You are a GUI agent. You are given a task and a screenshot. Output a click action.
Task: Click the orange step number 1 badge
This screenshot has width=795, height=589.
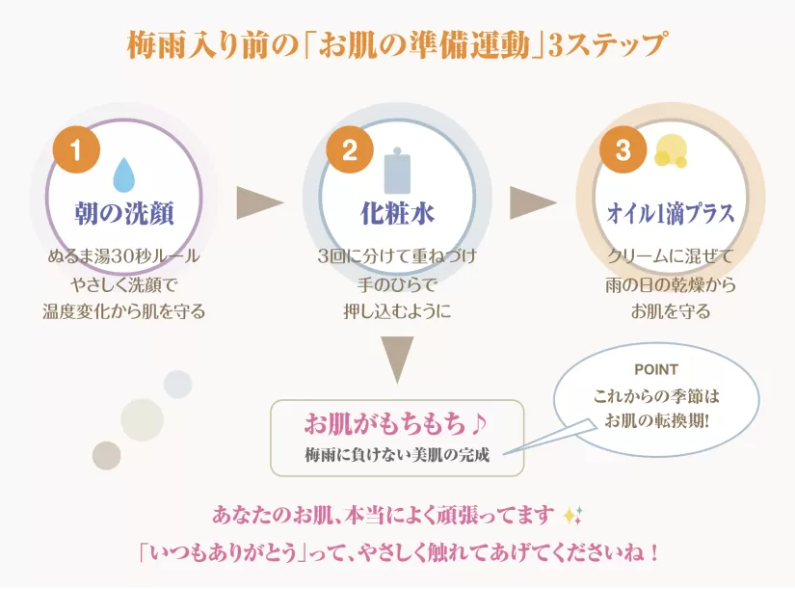pyautogui.click(x=76, y=149)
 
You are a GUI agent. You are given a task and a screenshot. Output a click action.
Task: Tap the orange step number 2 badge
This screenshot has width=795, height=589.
pyautogui.click(x=350, y=149)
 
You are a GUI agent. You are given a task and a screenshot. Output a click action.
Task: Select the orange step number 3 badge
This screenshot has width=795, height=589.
pyautogui.click(x=623, y=149)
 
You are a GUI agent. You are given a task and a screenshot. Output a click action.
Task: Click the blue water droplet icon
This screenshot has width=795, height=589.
pyautogui.click(x=123, y=174)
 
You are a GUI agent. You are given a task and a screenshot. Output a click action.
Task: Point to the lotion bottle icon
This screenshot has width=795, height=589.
pyautogui.click(x=397, y=171)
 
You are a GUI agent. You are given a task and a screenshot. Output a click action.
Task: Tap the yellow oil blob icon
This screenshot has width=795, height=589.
pyautogui.click(x=671, y=150)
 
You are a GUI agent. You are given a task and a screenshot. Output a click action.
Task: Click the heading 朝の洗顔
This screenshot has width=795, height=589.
pyautogui.click(x=124, y=214)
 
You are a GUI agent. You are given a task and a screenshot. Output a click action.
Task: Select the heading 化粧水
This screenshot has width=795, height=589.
pyautogui.click(x=397, y=214)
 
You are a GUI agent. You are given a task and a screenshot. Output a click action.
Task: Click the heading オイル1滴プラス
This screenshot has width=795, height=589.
pyautogui.click(x=671, y=214)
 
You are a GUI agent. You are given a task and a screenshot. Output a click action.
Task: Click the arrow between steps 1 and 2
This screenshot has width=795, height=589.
pyautogui.click(x=259, y=203)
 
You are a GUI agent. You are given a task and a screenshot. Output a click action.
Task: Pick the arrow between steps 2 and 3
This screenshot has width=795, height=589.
pyautogui.click(x=533, y=203)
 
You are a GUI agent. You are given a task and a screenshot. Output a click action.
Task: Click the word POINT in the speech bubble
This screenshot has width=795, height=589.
pyautogui.click(x=656, y=369)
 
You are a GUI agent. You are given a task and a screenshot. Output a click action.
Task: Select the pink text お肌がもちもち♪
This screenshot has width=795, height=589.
pyautogui.click(x=395, y=423)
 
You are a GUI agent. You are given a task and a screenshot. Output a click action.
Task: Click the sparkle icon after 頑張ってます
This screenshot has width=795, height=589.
pyautogui.click(x=573, y=516)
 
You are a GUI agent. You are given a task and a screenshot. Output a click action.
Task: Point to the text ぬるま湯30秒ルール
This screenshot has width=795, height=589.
pyautogui.click(x=124, y=256)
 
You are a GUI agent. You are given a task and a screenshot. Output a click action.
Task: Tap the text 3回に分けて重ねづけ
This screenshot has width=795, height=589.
pyautogui.click(x=397, y=256)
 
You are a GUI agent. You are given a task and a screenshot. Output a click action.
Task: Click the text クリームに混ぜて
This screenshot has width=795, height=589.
pyautogui.click(x=671, y=256)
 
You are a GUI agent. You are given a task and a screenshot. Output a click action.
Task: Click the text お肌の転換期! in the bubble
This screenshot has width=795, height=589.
pyautogui.click(x=656, y=420)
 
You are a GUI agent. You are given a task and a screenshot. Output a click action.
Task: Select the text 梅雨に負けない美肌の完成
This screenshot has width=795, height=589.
pyautogui.click(x=397, y=455)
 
